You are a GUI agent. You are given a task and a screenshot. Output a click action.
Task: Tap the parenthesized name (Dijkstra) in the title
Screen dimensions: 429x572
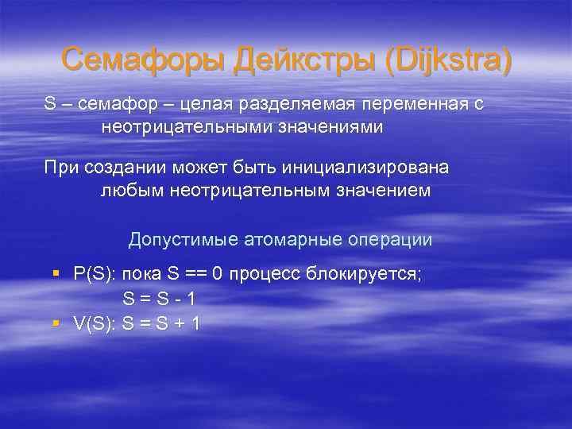tap(447, 60)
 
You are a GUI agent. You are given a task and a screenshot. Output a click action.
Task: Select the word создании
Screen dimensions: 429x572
tap(137, 169)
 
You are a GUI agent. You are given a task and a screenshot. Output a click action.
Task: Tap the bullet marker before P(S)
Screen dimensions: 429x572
tap(56, 274)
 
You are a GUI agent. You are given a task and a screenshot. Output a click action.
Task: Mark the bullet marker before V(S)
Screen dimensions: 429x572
tap(56, 323)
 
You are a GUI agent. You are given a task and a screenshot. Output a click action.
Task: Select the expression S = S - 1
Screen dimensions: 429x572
tap(159, 300)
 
